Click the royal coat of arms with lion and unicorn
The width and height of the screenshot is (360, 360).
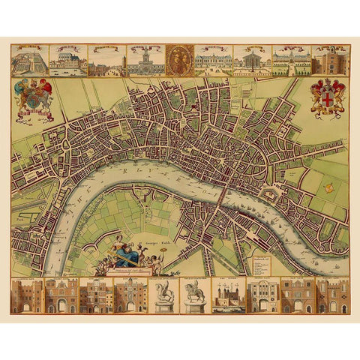32,98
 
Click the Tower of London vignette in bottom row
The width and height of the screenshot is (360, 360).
229,295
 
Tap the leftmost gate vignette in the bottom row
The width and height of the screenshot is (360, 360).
27,295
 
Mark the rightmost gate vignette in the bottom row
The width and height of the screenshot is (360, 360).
333,295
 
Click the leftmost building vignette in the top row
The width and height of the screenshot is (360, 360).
30,60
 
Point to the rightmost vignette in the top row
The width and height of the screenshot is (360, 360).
330,60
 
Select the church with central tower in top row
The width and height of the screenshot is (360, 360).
143,61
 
